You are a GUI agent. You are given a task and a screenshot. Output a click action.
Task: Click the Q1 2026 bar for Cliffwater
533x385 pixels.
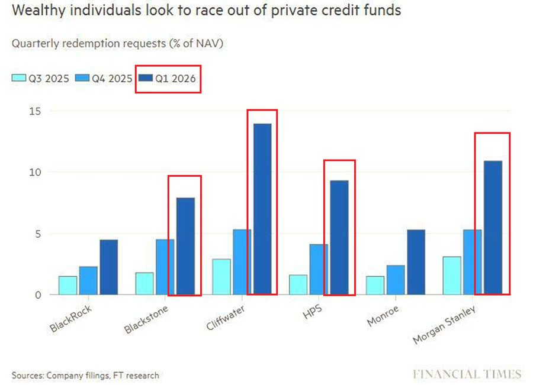click(262, 209)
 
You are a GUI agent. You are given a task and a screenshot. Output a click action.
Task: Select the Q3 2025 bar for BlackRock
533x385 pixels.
click(68, 285)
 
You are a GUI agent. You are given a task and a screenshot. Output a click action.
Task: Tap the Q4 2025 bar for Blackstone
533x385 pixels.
click(165, 267)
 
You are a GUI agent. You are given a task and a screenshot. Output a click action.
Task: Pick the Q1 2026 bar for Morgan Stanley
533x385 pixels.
click(493, 228)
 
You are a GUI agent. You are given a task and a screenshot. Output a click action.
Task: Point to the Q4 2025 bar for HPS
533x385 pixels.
click(319, 269)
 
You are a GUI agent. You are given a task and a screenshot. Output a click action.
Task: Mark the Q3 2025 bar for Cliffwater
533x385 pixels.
click(221, 276)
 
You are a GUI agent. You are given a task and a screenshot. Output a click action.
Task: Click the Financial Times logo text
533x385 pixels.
click(467, 374)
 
